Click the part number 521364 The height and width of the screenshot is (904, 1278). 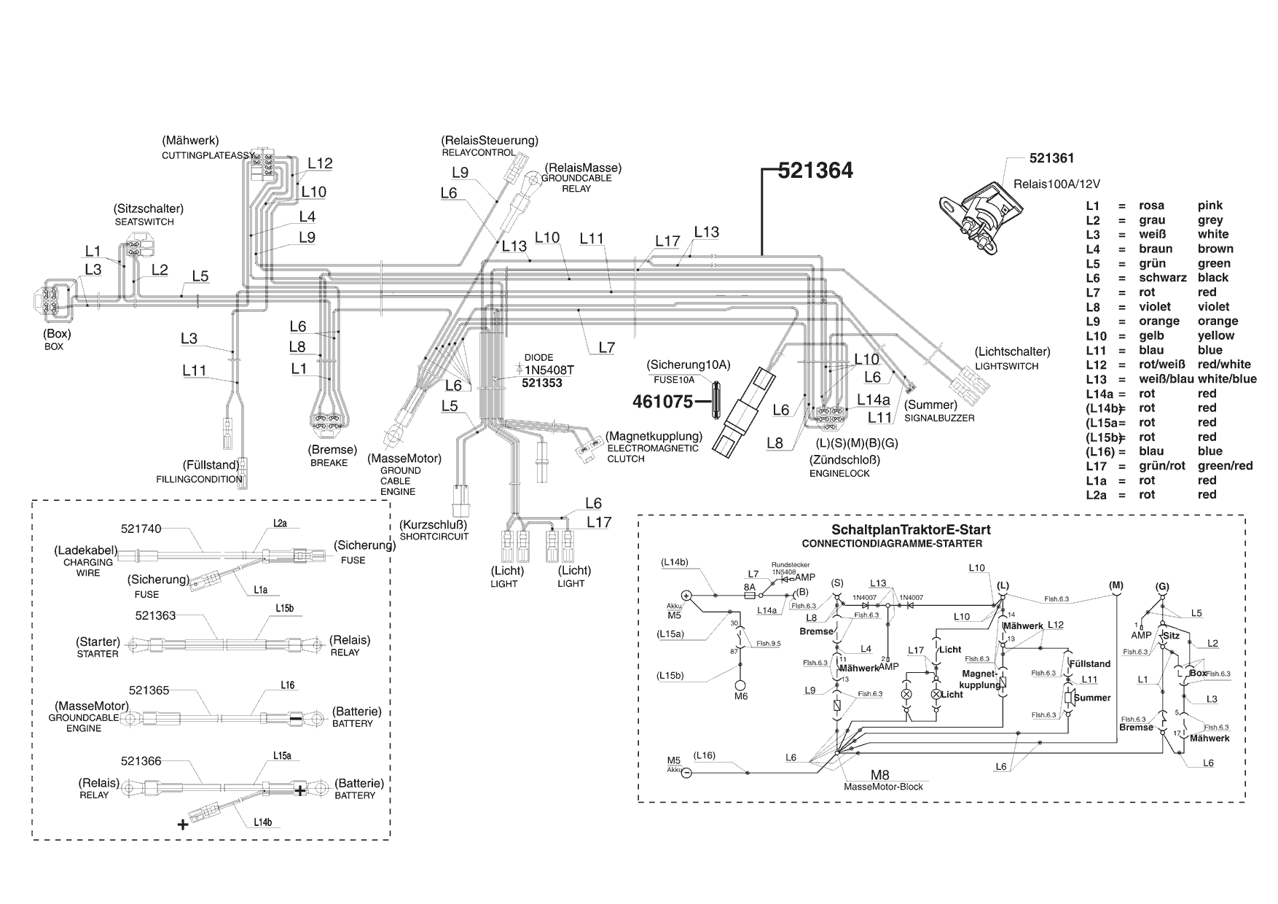pyautogui.click(x=815, y=171)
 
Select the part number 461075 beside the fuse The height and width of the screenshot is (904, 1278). pyautogui.click(x=662, y=401)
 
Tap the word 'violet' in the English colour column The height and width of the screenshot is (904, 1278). pyautogui.click(x=1213, y=307)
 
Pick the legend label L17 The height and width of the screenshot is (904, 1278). pyautogui.click(x=1096, y=466)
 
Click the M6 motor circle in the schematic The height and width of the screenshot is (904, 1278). pyautogui.click(x=740, y=685)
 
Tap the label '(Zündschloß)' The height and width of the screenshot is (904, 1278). pyautogui.click(x=844, y=459)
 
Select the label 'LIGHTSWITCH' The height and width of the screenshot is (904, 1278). pyautogui.click(x=1006, y=366)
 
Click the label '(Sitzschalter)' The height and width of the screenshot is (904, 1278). pyautogui.click(x=148, y=209)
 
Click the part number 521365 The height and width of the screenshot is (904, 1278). pyautogui.click(x=149, y=689)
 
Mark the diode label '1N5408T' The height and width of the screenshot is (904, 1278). pyautogui.click(x=549, y=370)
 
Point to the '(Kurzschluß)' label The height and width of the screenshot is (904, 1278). pyautogui.click(x=433, y=524)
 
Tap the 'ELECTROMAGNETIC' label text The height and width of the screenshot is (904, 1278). pyautogui.click(x=653, y=448)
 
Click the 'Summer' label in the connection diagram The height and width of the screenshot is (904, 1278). pyautogui.click(x=1092, y=698)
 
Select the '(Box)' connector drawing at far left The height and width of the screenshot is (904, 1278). pyautogui.click(x=53, y=299)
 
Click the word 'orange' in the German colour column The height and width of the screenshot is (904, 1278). pyautogui.click(x=1159, y=322)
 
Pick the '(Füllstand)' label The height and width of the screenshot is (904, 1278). pyautogui.click(x=210, y=465)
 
